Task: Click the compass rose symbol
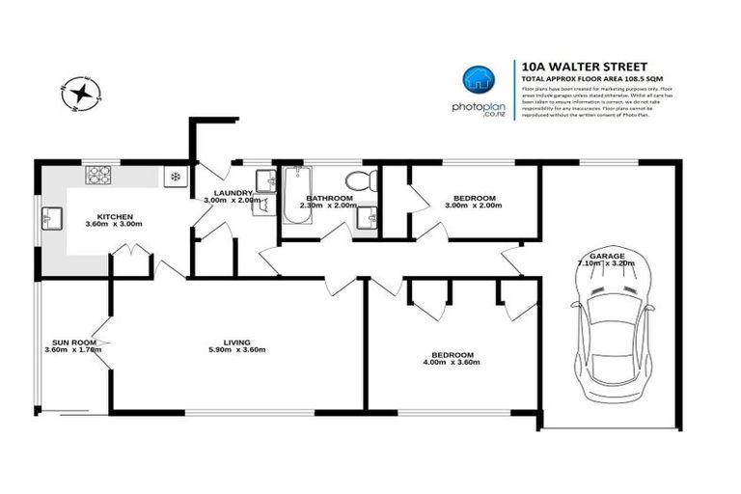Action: [82, 93]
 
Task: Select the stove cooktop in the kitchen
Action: [99, 176]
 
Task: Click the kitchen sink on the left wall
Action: [50, 221]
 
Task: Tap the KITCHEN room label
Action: [115, 216]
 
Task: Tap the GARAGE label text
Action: [608, 256]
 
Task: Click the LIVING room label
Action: [236, 343]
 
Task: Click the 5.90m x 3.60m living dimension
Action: [236, 350]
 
